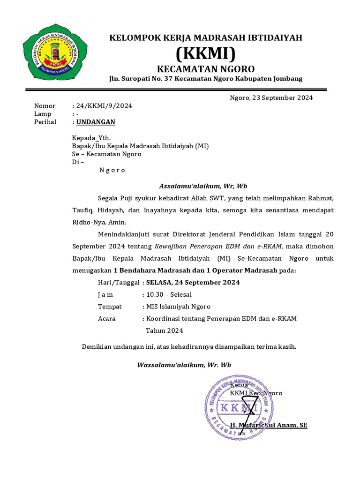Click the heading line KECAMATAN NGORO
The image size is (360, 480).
(206, 68)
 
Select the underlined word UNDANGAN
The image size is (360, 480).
(96, 122)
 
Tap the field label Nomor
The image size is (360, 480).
(45, 106)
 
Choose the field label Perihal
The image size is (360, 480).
(45, 122)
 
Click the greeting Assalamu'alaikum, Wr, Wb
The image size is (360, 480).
(203, 185)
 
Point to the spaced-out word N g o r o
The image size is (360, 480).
(112, 170)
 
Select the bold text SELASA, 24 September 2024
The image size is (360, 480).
(193, 282)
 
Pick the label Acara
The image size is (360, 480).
(107, 319)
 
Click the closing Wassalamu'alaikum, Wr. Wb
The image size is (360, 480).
(184, 365)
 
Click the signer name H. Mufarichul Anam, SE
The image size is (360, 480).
(269, 425)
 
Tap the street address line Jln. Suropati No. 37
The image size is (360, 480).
(206, 79)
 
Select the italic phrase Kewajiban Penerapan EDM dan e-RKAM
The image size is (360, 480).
(219, 246)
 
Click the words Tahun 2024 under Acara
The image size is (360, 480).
(165, 330)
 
